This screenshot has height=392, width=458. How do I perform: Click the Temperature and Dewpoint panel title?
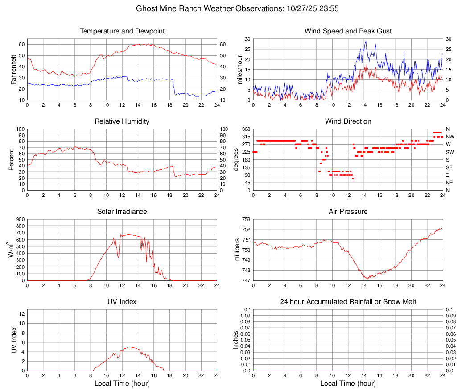(x=122, y=31)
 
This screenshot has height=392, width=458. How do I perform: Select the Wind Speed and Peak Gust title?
(x=348, y=31)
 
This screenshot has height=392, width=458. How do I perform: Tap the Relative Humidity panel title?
(x=122, y=121)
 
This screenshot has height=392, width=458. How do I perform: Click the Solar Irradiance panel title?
(x=122, y=212)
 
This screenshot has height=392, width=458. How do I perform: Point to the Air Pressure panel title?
(x=348, y=212)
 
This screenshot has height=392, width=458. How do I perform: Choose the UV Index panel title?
(x=122, y=302)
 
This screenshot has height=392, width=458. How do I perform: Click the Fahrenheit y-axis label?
(x=12, y=69)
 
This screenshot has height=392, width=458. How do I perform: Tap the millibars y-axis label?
(x=238, y=250)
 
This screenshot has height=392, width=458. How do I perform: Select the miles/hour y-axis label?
(x=240, y=69)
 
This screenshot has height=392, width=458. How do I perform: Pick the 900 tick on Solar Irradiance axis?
(x=20, y=219)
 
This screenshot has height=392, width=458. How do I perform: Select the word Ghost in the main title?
(x=146, y=8)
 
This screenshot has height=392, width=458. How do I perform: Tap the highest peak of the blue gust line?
(x=366, y=41)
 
